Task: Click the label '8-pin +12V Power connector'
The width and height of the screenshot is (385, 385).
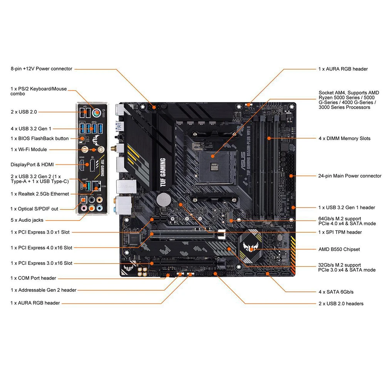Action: (x=41, y=69)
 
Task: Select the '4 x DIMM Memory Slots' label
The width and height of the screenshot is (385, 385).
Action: (x=344, y=138)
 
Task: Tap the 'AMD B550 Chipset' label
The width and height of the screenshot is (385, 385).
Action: (x=339, y=249)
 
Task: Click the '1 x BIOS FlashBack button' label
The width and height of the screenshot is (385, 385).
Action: (x=40, y=138)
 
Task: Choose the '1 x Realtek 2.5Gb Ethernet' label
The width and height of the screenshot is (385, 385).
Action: (x=40, y=194)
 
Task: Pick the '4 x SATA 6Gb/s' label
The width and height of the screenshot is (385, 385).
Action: (x=336, y=292)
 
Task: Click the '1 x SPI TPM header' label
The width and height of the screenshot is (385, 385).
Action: (x=340, y=232)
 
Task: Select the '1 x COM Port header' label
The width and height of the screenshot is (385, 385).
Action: (x=33, y=278)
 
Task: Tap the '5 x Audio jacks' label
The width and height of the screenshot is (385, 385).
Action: (x=27, y=220)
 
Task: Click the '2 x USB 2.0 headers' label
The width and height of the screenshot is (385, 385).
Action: (x=341, y=303)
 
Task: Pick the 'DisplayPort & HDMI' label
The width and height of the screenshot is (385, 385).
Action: (x=32, y=164)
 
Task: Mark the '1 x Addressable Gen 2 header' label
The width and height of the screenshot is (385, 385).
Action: (x=44, y=290)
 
